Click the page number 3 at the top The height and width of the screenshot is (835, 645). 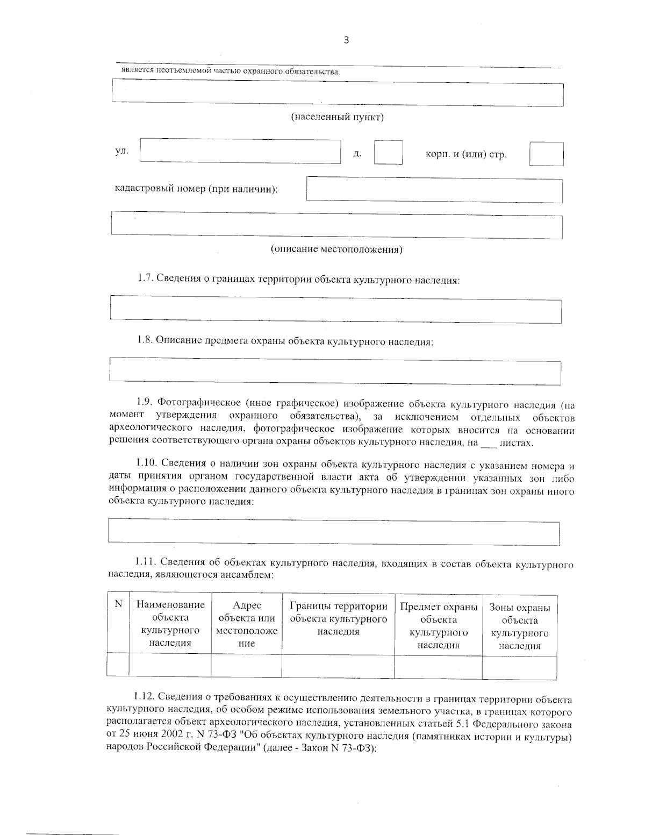[346, 40]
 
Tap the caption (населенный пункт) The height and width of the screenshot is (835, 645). [337, 117]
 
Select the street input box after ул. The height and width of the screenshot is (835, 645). [240, 151]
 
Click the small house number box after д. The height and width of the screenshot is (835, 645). [388, 152]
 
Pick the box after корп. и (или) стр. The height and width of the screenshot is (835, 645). [546, 154]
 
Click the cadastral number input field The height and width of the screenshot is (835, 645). [434, 190]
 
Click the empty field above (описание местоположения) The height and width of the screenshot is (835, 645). [336, 225]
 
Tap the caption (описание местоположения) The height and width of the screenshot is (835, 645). [336, 249]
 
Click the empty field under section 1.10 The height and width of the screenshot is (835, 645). [334, 532]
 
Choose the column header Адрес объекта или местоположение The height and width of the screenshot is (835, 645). [246, 624]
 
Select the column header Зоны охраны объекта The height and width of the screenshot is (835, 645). [519, 626]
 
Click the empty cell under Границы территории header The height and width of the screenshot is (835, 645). [338, 665]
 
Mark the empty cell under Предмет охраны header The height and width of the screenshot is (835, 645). [438, 665]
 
